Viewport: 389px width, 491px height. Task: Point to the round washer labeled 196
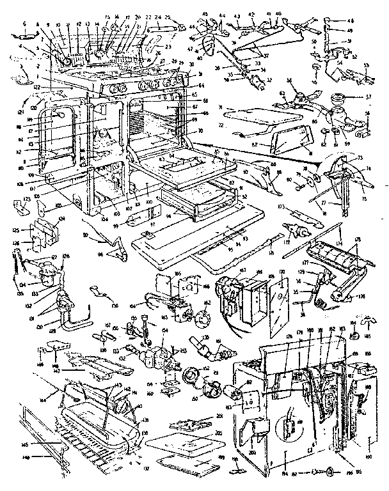tap(328, 472)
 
